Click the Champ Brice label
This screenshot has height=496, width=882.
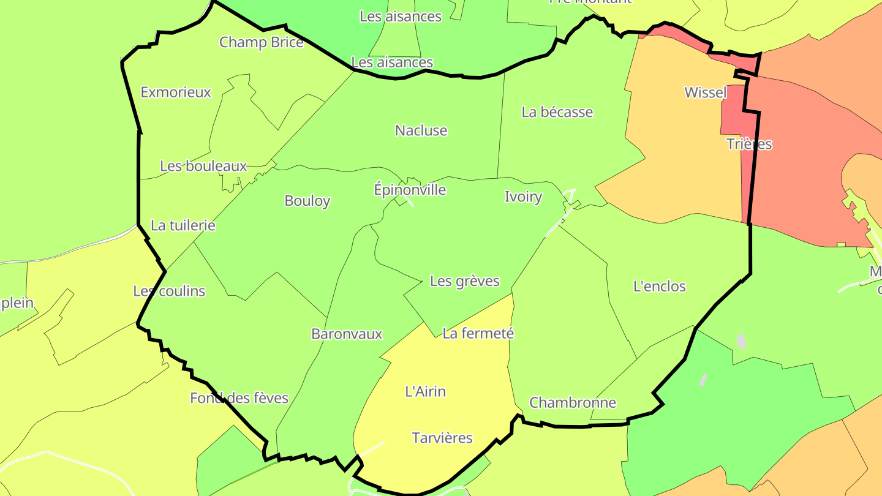pos(262,42)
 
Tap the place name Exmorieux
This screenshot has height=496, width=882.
pos(176,92)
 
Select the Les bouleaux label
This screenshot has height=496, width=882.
pos(203,166)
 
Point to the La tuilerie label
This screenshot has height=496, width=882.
pos(183,225)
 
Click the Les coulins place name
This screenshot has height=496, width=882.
pos(169,291)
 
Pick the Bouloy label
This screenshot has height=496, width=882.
pos(307,201)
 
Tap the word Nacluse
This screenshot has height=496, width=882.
pos(421,130)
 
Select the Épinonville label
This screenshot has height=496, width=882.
pos(410,190)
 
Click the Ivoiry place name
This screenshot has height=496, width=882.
pos(523,197)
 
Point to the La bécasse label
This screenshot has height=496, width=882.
pos(557,112)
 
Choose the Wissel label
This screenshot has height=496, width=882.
pos(706,92)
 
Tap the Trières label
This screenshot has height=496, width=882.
pos(749,144)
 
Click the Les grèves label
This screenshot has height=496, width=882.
pos(465,281)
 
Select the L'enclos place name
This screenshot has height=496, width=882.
pos(659,286)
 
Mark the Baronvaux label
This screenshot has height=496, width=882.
pos(347,334)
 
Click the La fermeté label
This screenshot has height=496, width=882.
pos(478,333)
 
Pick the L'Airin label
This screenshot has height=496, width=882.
pos(426,391)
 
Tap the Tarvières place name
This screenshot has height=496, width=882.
pos(442,438)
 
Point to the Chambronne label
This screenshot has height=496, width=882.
pos(573,402)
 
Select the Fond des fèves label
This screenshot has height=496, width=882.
pos(239,398)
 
